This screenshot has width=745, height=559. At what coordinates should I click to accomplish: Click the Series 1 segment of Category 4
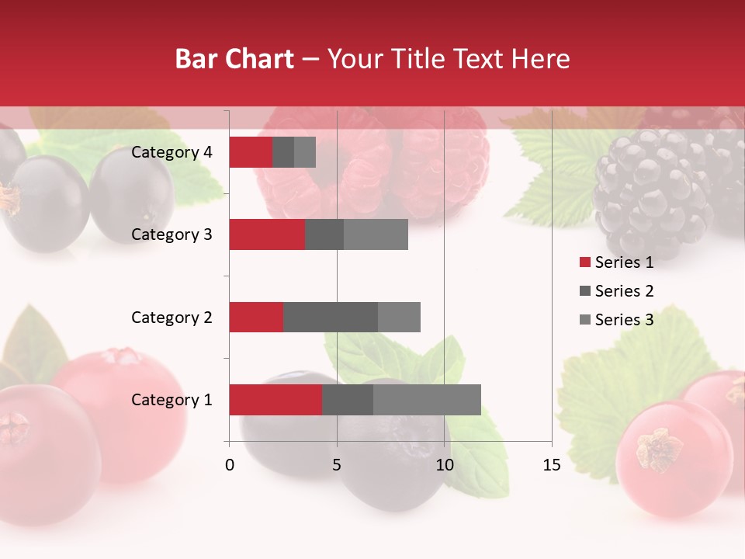click(251, 152)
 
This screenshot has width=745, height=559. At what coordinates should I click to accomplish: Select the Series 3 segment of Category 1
click(427, 400)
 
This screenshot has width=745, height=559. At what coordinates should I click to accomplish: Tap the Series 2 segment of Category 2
click(331, 317)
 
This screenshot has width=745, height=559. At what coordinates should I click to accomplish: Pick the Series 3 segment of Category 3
click(376, 234)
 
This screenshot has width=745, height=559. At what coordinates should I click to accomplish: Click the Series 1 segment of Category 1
click(275, 400)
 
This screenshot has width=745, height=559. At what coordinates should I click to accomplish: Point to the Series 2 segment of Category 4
click(283, 152)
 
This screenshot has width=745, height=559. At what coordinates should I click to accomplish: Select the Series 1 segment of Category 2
click(256, 317)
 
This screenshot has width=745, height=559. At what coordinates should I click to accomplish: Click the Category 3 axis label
click(172, 234)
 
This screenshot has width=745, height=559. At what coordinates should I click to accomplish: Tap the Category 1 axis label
click(172, 400)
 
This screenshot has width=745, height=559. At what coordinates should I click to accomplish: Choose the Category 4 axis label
click(172, 152)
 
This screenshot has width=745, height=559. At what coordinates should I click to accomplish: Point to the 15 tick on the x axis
click(552, 465)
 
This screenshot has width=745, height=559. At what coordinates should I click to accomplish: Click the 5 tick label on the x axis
click(337, 465)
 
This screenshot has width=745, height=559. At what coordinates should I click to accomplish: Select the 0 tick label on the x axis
click(230, 465)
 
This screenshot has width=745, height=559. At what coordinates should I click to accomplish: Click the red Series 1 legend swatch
click(584, 262)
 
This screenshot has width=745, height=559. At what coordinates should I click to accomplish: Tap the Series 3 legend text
click(624, 320)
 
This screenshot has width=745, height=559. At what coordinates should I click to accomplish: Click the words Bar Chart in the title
click(234, 59)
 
